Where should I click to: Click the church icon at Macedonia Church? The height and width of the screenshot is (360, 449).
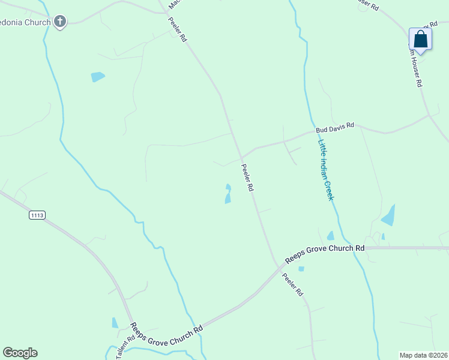point(59,23)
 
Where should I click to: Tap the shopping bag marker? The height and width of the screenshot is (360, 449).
point(420,40)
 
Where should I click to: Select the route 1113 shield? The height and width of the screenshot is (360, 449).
point(37,215)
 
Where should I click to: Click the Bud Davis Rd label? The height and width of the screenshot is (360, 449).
point(335,127)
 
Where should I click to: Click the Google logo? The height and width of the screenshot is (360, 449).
point(20,353)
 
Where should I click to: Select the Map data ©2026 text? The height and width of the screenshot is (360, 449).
point(423,355)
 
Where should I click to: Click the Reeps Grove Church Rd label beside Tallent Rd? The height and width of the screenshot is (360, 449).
point(166,335)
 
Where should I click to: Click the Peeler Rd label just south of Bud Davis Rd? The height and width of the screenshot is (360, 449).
point(247,178)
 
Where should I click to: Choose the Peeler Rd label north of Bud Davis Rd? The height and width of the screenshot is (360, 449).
point(177,29)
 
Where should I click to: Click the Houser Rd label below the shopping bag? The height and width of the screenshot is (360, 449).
point(416,67)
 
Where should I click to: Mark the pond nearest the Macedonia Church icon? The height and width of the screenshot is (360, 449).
point(97,77)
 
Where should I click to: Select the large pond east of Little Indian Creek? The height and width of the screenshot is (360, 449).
point(389,215)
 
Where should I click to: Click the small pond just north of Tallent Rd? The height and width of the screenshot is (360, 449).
point(115,323)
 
